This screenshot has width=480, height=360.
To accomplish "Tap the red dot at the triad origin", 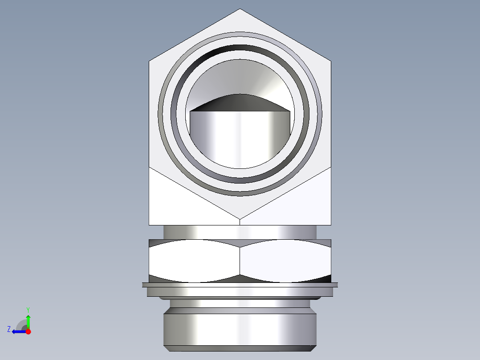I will tap(28, 331).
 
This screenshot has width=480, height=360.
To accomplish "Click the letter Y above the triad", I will tap(28, 309).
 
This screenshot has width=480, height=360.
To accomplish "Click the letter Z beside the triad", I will tap(9, 329).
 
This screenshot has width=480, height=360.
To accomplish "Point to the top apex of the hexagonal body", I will tap(240, 9).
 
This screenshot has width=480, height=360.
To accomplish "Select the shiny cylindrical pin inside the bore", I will tap(240, 138).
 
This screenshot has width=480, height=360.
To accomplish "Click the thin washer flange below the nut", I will tap(240, 284).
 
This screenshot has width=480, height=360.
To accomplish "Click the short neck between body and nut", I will tap(240, 232).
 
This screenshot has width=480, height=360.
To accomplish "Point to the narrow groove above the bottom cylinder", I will tap(240, 303).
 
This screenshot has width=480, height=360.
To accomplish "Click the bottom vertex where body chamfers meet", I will tap(240, 219).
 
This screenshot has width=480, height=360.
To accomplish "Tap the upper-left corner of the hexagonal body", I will tap(149, 61).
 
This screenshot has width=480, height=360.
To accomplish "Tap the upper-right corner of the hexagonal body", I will tap(331, 61).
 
